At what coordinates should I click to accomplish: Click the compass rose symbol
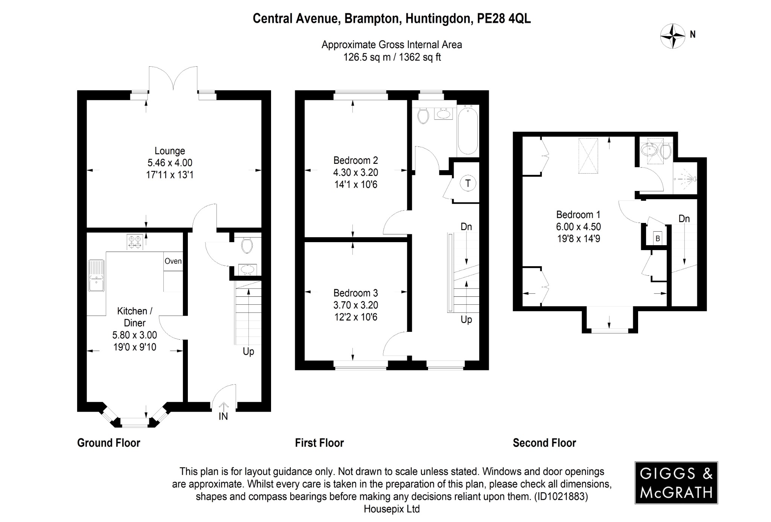tap(673, 36)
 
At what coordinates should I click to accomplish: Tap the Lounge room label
tap(170, 151)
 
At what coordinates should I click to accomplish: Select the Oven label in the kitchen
tap(173, 261)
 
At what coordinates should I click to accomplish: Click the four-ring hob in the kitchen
tap(135, 242)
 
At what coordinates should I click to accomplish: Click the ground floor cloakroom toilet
tap(247, 244)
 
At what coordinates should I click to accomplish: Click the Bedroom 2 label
tap(355, 160)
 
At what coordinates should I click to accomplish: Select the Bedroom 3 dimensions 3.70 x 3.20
tap(355, 305)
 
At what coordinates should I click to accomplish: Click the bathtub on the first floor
tap(468, 130)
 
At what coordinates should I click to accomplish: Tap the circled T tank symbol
tap(468, 183)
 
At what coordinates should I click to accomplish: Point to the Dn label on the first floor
tap(466, 227)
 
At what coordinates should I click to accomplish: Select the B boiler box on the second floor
tap(658, 238)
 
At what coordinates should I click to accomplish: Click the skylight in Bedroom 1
tap(588, 156)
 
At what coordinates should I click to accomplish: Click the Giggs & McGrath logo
tap(676, 483)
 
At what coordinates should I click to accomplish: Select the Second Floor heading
tap(544, 443)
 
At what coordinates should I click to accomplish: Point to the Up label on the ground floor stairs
tap(248, 351)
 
